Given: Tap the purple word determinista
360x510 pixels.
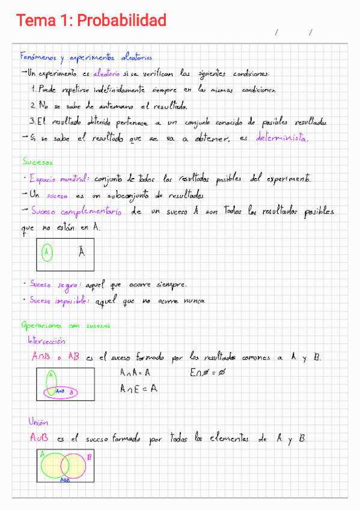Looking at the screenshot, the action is tap(282, 138).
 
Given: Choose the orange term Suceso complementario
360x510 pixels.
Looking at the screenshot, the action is tap(76, 212).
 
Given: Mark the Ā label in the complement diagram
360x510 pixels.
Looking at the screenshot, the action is tap(82, 251).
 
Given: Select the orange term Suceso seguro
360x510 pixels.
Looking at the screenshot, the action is tap(54, 284).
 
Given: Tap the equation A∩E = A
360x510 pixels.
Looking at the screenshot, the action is tap(138, 389).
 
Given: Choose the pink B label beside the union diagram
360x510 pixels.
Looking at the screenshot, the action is tap(90, 458).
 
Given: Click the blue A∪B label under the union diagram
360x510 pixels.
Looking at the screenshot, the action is tap(64, 480).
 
